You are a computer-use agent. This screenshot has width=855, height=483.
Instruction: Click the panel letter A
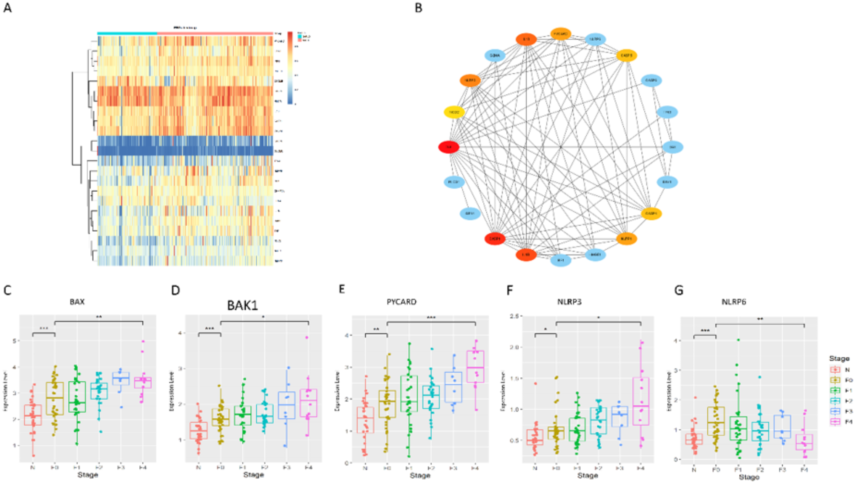click(7, 8)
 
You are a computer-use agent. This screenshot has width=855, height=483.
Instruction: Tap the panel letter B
click(419, 8)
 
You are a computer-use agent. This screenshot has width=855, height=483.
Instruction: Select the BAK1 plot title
click(242, 305)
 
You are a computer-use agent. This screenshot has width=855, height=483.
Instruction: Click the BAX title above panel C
click(77, 302)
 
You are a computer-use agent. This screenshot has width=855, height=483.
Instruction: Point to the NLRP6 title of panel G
click(734, 302)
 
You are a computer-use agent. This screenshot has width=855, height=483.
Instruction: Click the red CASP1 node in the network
click(495, 239)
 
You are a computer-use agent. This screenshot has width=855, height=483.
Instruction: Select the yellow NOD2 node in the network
click(454, 112)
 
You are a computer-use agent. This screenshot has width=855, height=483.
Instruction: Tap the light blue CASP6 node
click(651, 80)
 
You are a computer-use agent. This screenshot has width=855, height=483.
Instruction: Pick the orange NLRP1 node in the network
click(626, 239)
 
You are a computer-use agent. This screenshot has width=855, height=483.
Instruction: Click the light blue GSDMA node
click(495, 55)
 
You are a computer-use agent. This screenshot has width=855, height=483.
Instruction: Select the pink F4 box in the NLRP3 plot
click(641, 401)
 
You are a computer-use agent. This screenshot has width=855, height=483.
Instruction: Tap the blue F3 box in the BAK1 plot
click(287, 405)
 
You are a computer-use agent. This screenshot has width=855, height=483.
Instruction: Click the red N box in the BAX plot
click(33, 415)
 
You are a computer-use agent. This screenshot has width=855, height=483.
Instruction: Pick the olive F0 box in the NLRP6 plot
click(716, 421)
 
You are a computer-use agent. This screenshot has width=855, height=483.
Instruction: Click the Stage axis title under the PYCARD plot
click(420, 475)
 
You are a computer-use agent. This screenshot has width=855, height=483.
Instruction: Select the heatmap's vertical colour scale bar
click(290, 68)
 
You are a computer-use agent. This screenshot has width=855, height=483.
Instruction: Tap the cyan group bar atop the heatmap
click(127, 33)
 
